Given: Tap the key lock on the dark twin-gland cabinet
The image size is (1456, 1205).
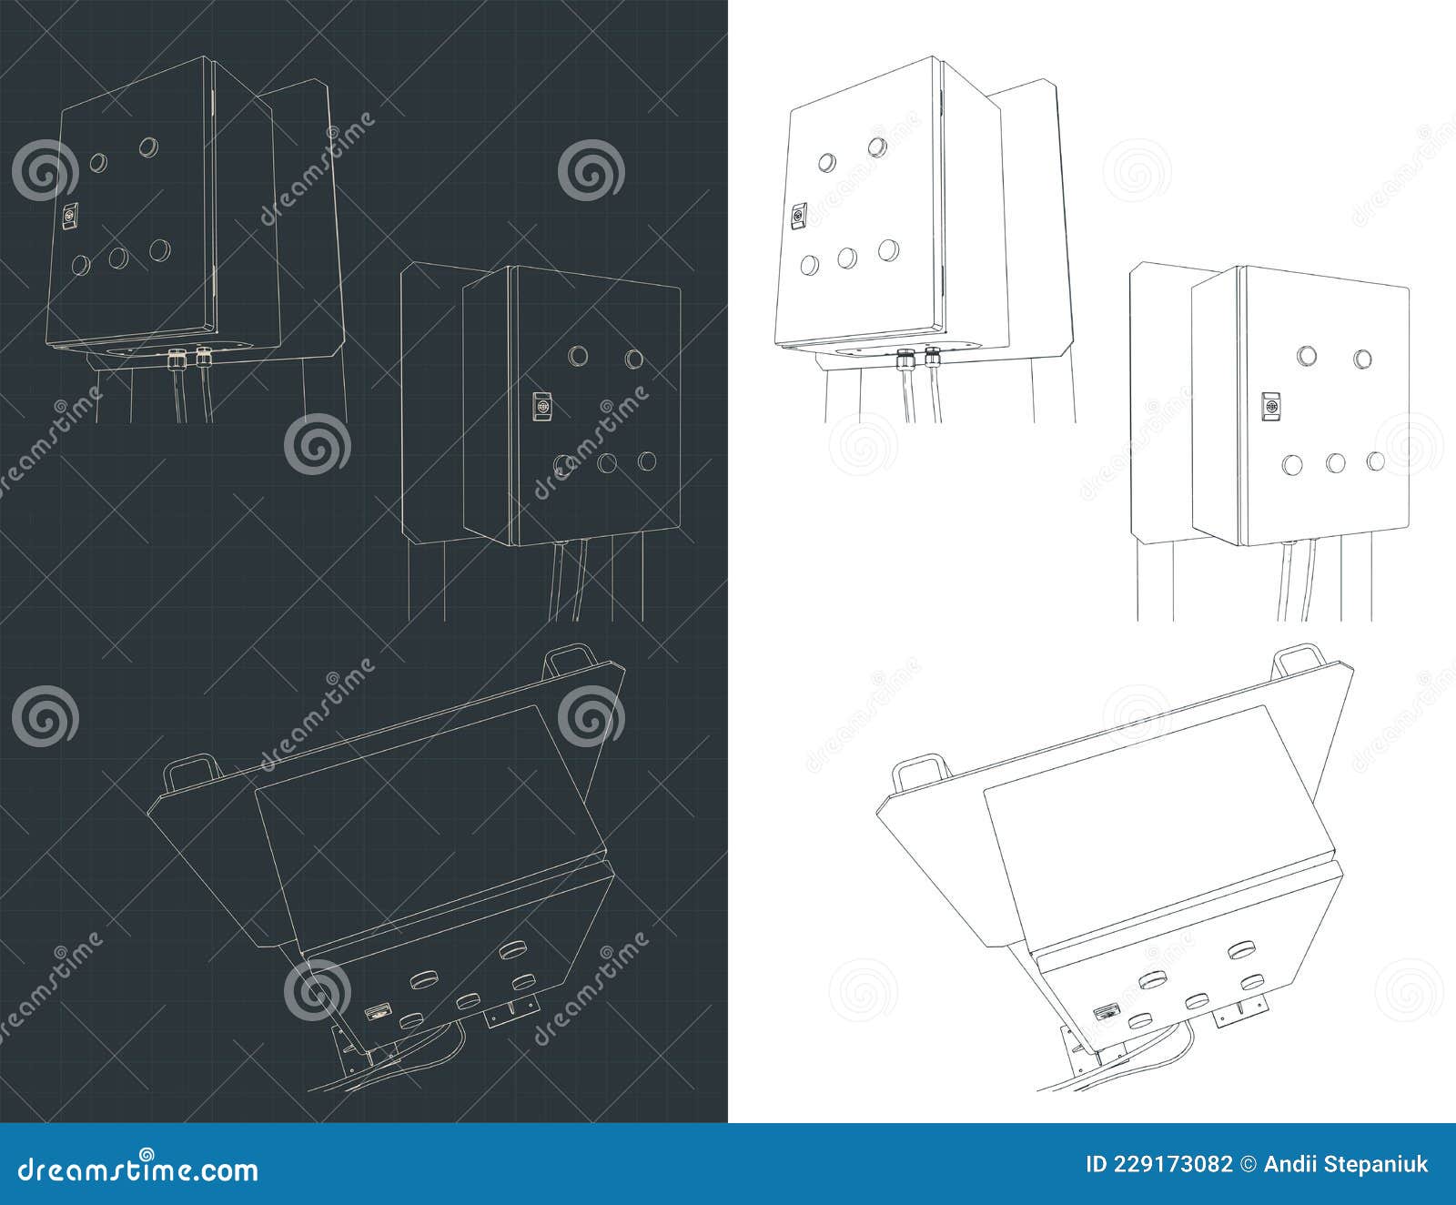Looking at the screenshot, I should pos(68,218).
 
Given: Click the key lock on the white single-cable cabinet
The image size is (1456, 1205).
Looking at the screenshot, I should pos(1270,405).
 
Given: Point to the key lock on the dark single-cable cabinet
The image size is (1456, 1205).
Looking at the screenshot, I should pos(541,406).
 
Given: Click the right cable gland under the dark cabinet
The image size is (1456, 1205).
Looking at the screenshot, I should pos(203,357).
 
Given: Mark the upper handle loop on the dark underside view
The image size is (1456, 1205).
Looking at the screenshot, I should pos(564,659).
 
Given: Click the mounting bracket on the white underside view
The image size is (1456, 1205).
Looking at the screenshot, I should pos(1239,1011).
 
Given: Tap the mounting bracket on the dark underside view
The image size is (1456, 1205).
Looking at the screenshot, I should pos(511,1010).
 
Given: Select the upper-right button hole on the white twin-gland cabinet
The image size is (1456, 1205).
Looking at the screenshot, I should pos(877,147).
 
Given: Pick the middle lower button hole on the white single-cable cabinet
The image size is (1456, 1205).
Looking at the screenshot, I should pos(1335,463).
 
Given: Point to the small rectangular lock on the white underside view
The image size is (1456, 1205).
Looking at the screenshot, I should pos(1106,1011).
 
